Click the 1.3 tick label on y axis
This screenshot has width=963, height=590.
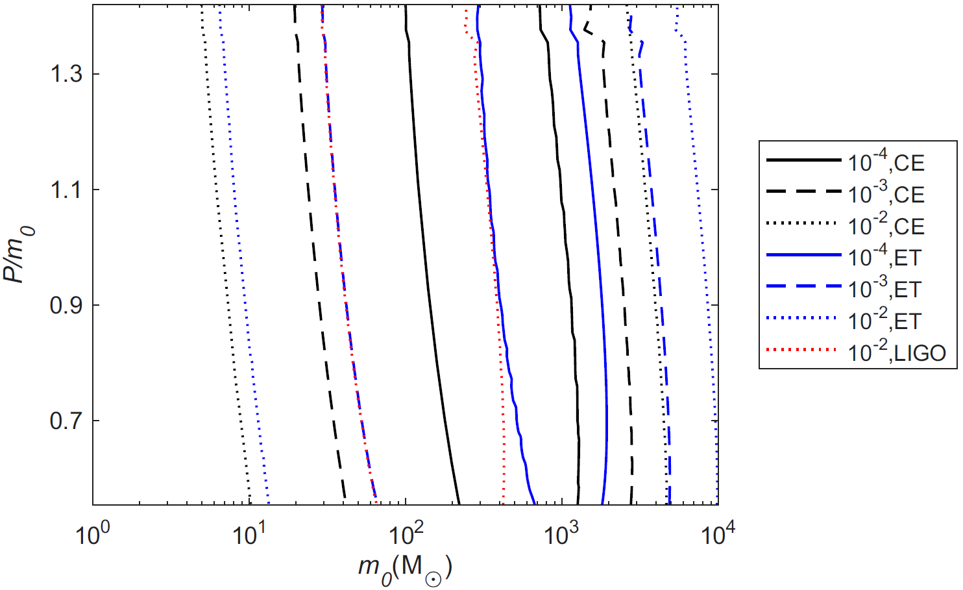coord(66,75)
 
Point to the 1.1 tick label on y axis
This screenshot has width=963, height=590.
coord(66,190)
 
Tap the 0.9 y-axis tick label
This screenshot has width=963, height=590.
coord(66,306)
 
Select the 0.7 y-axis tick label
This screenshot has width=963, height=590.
coord(66,421)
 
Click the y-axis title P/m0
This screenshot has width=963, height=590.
coord(19,254)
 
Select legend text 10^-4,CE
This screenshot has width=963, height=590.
coord(886,162)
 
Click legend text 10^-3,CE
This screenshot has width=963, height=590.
coord(886,193)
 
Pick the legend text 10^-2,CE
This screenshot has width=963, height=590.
coord(886,225)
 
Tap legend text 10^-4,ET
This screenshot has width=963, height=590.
coord(885,257)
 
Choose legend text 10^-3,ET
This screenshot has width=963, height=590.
coord(885,289)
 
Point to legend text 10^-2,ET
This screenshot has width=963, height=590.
coord(885,321)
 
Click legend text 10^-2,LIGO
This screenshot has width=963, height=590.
coord(897,352)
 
